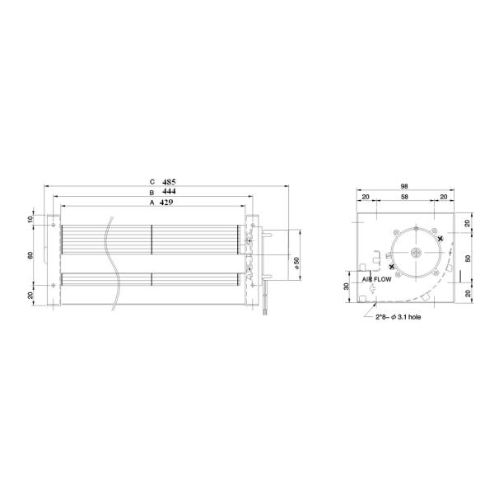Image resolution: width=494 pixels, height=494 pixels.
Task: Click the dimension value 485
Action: tap(169, 180)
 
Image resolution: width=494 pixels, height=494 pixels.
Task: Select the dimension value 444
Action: tap(169, 191)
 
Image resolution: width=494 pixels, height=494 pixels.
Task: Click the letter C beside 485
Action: tap(151, 180)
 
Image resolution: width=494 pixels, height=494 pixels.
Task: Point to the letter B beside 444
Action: tap(151, 191)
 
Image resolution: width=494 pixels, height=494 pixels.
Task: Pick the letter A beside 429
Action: tap(151, 202)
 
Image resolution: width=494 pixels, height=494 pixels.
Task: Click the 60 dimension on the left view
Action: tap(30, 255)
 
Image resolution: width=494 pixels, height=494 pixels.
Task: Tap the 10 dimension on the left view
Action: tap(30, 220)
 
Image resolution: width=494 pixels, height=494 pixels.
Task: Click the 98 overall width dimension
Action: tap(405, 186)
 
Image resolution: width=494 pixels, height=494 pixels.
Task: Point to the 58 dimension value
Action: tap(404, 198)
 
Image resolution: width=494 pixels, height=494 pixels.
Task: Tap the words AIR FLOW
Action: tap(379, 279)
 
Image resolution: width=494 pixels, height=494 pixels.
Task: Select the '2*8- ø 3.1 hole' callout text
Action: tap(396, 315)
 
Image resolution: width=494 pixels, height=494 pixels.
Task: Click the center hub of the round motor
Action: tap(417, 253)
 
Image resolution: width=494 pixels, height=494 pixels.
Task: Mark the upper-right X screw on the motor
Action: tap(441, 239)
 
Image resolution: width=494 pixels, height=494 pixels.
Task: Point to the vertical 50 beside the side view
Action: tap(468, 257)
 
